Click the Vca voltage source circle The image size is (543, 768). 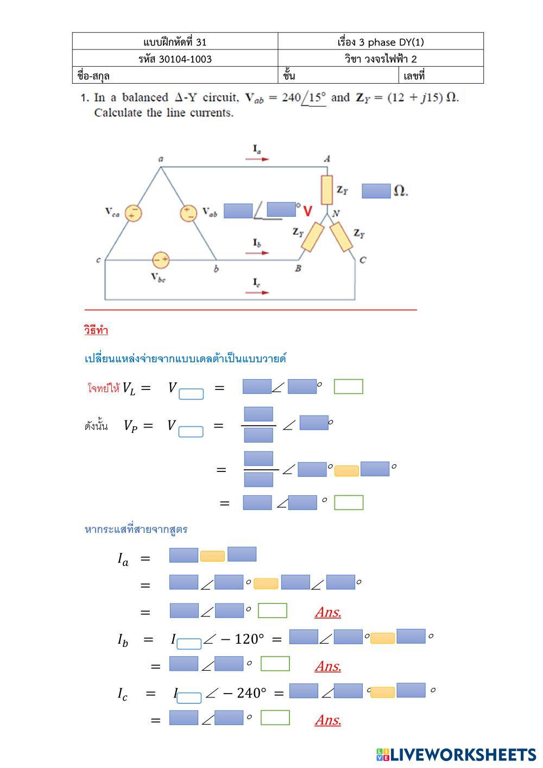(133, 213)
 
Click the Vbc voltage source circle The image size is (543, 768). (160, 260)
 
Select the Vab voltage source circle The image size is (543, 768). (188, 213)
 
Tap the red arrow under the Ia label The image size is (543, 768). (257, 159)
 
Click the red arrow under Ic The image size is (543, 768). (257, 292)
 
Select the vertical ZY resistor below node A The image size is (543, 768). (326, 190)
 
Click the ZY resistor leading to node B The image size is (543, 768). (312, 237)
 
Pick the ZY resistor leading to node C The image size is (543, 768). (342, 237)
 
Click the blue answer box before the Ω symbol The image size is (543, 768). (376, 191)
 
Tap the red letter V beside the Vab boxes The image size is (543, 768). (308, 211)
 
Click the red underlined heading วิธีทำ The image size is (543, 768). (96, 330)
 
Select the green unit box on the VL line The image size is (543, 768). (348, 387)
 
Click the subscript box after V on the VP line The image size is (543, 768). (191, 432)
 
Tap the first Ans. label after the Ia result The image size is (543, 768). (328, 612)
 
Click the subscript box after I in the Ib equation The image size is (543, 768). (189, 644)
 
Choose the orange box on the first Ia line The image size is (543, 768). (212, 556)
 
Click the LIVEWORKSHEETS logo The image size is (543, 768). (456, 754)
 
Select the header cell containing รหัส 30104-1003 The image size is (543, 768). (175, 59)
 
